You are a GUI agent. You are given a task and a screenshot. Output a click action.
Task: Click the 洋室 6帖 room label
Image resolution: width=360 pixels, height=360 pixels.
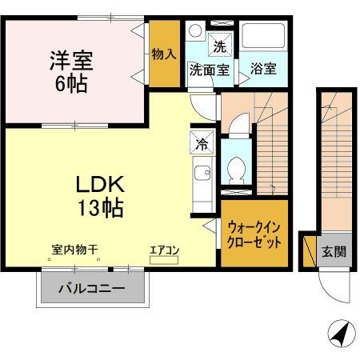coord(72,70)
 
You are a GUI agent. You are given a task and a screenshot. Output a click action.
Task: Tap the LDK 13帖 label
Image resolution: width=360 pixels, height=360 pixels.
coord(98,196)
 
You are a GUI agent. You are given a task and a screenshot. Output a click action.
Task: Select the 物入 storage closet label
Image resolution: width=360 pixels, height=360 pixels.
coord(164,54)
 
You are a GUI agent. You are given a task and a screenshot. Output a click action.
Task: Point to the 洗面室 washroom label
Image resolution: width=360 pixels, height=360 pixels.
coord(209,69)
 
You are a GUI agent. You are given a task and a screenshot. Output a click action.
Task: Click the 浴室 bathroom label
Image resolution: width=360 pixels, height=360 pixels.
coord(263,69)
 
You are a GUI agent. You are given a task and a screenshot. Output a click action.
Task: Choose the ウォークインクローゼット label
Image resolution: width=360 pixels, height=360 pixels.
coord(254,234)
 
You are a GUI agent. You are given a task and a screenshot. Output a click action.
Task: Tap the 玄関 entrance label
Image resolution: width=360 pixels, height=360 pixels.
coord(334,251)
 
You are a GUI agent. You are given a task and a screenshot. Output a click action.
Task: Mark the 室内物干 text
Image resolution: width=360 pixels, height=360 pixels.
coord(74,250)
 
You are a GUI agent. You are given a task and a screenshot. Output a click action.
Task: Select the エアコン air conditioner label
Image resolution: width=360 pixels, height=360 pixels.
coord(165,250)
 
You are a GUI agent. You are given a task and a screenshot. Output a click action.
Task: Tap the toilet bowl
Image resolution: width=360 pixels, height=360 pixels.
coord(236,170)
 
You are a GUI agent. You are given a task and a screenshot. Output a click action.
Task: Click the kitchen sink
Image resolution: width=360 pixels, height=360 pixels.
coord(201,173)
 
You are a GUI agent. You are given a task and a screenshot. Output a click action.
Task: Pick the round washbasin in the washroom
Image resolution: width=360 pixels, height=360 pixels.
coord(194,32)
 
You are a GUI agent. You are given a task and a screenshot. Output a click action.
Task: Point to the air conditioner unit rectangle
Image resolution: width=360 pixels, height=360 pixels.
coord(165,258)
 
